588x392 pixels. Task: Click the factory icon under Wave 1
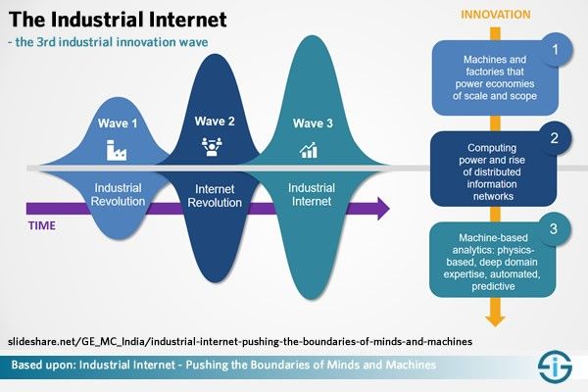117,150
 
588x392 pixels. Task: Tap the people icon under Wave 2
212,146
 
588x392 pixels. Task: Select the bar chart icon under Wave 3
309,150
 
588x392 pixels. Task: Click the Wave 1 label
118,123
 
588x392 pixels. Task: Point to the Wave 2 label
215,122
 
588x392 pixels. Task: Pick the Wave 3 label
313,123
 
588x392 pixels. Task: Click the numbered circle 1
556,50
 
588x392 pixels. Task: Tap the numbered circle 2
555,138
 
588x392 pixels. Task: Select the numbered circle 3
554,228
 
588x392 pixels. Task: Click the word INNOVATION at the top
495,15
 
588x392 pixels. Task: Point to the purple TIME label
42,225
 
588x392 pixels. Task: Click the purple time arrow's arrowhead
383,209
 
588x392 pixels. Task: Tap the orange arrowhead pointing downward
495,320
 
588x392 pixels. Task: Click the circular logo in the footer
555,367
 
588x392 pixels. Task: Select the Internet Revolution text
215,196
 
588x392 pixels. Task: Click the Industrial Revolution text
118,195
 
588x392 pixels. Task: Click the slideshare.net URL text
240,342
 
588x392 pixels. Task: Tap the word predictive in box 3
493,286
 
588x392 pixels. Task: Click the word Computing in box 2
492,148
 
